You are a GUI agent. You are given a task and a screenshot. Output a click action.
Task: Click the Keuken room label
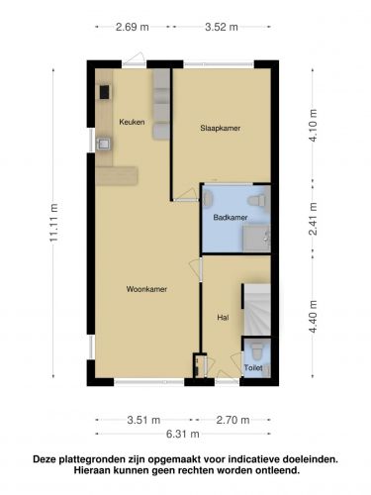click(132, 122)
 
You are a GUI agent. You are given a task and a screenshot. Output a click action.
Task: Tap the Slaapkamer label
click(221, 128)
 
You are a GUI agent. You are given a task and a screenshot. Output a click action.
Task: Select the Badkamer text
click(231, 218)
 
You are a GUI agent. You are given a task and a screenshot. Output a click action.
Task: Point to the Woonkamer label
click(146, 289)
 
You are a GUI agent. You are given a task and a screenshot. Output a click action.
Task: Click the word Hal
click(223, 318)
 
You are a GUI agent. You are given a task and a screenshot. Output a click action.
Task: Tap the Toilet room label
click(253, 367)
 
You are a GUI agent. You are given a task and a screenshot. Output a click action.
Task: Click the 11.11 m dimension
click(53, 222)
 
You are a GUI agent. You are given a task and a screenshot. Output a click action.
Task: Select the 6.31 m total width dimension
click(183, 434)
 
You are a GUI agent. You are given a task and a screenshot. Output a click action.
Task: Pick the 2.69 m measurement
click(133, 27)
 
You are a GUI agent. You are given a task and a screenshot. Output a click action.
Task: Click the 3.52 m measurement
click(222, 27)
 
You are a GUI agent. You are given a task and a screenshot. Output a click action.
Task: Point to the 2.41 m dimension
click(313, 219)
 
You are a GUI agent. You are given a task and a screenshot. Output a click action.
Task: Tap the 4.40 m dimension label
click(313, 317)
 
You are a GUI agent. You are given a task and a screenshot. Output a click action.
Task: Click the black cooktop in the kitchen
click(105, 92)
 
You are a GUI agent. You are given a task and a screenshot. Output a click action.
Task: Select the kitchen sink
click(104, 144)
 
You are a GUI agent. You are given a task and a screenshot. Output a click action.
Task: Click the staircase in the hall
click(257, 310)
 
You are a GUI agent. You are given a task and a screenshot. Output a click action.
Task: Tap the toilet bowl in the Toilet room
click(256, 351)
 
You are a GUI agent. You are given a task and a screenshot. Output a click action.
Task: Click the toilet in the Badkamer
click(257, 200)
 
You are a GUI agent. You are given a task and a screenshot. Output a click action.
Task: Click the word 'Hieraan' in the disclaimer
click(93, 470)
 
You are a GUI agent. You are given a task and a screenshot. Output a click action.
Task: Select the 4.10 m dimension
click(313, 126)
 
